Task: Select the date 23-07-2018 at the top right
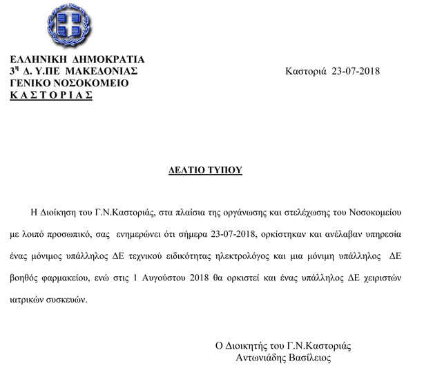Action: click(356, 71)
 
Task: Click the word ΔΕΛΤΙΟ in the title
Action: click(190, 169)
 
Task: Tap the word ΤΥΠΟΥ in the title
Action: click(227, 169)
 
